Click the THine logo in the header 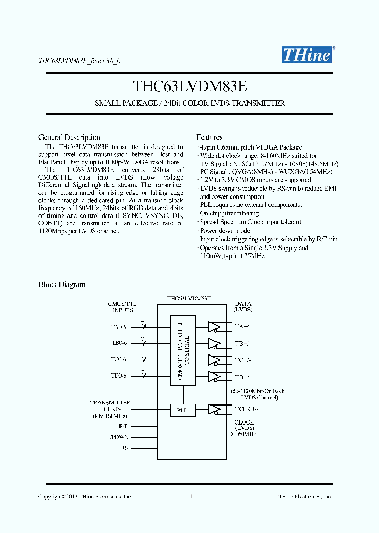[306, 54]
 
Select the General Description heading [69, 137]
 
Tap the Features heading [210, 137]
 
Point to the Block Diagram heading [62, 285]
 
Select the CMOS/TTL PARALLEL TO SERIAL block [184, 350]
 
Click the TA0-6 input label [118, 327]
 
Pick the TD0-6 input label [118, 376]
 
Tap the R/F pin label [123, 425]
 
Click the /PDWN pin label [119, 437]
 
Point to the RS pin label [124, 448]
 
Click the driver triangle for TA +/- [214, 327]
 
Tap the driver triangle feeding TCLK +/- [214, 409]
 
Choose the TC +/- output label [243, 360]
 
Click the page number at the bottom [190, 496]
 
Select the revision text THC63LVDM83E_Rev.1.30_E [80, 61]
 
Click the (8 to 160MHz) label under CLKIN [110, 416]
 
